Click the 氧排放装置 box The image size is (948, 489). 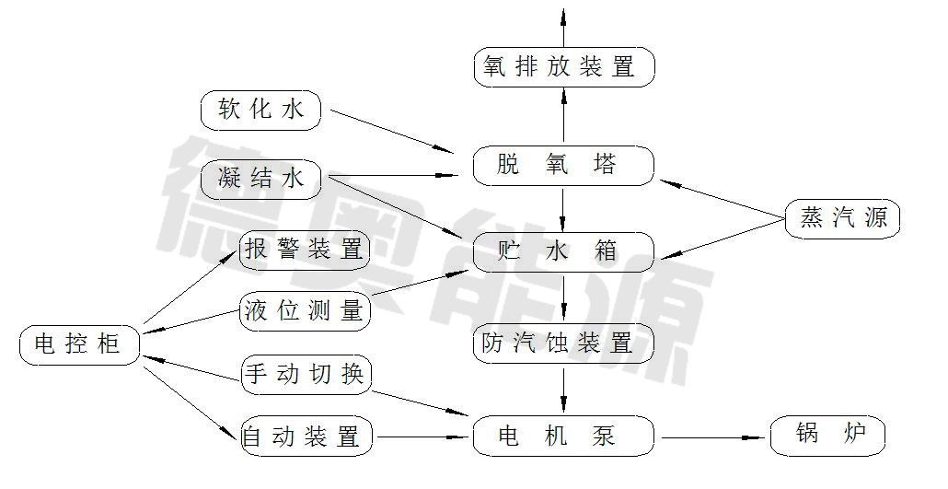coord(563,67)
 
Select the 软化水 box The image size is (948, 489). coord(261,111)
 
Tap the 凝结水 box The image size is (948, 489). coord(261,178)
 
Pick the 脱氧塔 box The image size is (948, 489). coord(563,167)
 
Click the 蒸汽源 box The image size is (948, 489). coord(843,219)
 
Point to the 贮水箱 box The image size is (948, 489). coord(563,251)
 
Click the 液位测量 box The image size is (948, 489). coord(305,310)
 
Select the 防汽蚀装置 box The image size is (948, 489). coord(563,343)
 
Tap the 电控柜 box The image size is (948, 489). coord(81,344)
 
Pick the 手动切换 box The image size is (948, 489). coord(305,375)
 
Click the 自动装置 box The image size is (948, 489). coord(305,436)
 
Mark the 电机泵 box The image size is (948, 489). coord(563,436)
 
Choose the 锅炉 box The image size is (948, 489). coord(827,436)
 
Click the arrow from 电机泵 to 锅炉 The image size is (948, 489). coord(712,436)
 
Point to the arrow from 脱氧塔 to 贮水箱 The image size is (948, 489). coord(563,209)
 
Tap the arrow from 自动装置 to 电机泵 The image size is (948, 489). coord(422,436)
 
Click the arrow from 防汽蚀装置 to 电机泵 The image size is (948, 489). coord(563,390)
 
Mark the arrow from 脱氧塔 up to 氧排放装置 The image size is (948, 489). coord(563,118)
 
